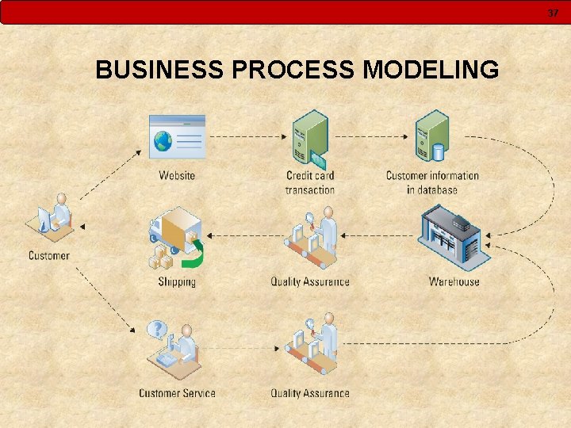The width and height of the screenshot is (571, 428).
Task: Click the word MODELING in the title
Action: [x=431, y=70]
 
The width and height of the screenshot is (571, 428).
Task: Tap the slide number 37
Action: [x=553, y=13]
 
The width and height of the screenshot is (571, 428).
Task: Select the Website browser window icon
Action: [x=177, y=137]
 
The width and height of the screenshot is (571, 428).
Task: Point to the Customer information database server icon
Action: [x=432, y=136]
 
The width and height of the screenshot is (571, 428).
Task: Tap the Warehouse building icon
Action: [x=454, y=236]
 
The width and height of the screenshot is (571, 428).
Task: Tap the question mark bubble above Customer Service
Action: [x=159, y=328]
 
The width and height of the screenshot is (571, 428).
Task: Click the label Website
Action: [x=177, y=175]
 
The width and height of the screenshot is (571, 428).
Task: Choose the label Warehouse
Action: [x=454, y=281]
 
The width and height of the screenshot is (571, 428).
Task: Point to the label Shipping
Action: [x=176, y=281]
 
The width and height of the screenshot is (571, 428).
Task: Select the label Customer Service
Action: [x=177, y=393]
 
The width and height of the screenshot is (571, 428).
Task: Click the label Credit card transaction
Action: [x=310, y=182]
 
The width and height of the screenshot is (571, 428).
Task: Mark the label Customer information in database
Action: [x=432, y=182]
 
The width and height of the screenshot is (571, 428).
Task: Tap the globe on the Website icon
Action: [x=163, y=141]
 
